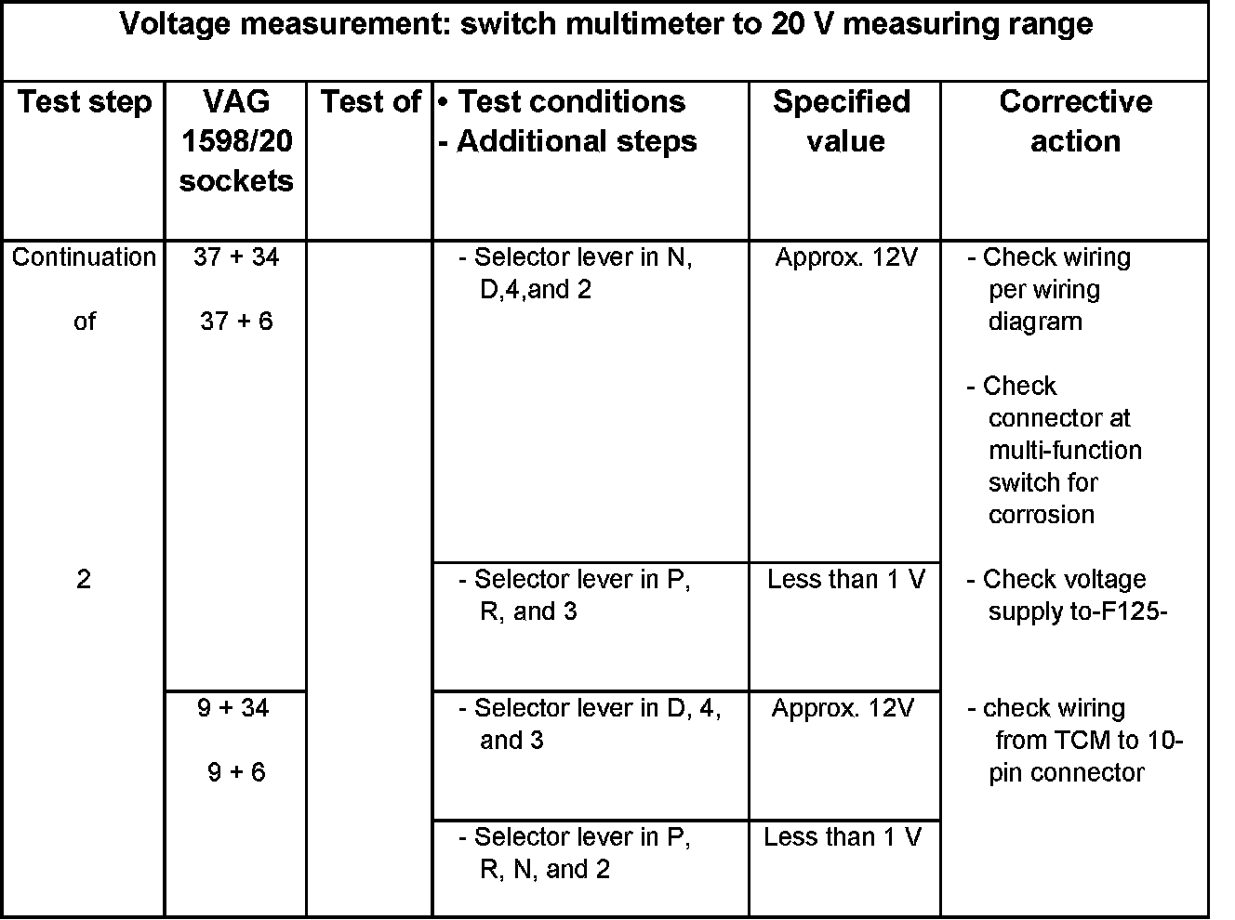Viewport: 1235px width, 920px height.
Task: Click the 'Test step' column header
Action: pos(84,101)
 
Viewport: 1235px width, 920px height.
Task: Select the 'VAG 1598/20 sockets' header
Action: pos(236,140)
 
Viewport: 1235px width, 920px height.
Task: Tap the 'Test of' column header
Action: pos(370,101)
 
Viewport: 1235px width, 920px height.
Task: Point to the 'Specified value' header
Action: pos(843,121)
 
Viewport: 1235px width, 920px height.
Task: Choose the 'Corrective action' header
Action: pos(1075,121)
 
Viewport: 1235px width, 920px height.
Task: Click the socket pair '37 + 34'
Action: pos(236,256)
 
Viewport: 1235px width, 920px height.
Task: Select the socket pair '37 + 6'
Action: pos(236,322)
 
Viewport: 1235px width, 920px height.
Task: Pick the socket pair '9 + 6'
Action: pos(236,772)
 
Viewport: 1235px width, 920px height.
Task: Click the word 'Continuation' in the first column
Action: pos(84,256)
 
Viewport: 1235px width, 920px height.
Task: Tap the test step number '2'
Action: pos(84,580)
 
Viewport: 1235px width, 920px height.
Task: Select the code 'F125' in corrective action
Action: pos(1131,611)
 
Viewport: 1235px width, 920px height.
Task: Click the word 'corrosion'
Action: pos(1042,515)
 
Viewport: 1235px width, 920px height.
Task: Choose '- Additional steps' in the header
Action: pos(567,141)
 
